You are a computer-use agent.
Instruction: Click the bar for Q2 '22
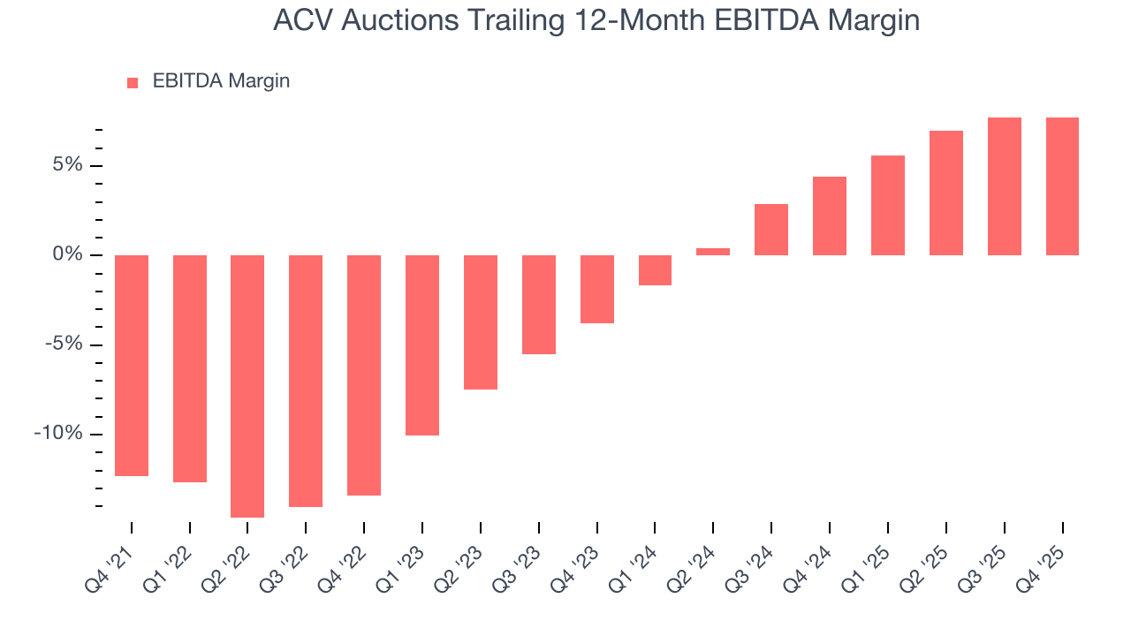point(247,386)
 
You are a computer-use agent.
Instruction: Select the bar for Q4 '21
point(132,366)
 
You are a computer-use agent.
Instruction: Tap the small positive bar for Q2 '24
point(713,252)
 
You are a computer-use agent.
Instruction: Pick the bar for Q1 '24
point(655,270)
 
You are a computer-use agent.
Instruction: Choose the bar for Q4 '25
point(1062,186)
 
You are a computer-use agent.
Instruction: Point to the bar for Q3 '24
point(771,230)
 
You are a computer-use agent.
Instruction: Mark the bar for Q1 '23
point(422,345)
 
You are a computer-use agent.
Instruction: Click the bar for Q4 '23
point(597,289)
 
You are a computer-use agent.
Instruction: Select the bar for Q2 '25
point(945,193)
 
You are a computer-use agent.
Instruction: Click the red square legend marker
point(133,82)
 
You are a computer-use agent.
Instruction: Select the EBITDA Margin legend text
point(221,81)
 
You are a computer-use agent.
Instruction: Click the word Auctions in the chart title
point(391,20)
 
